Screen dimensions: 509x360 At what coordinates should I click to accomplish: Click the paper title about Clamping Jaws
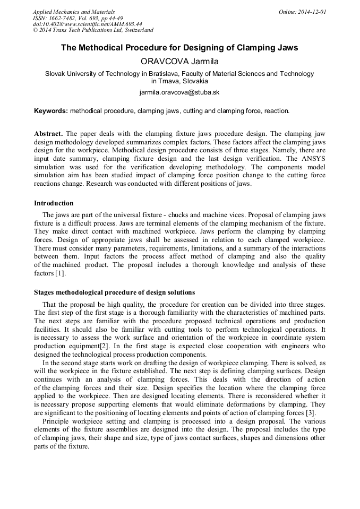click(179, 48)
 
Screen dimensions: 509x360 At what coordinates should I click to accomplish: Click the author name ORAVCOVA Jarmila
click(179, 62)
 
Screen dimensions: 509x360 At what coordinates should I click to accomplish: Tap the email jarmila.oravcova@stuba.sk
click(179, 92)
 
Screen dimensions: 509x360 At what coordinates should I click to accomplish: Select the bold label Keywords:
click(51, 111)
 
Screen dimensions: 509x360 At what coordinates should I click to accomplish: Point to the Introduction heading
click(54, 203)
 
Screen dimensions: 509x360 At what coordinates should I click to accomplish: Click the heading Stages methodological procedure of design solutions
click(114, 292)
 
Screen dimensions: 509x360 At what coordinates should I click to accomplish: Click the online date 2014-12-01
click(310, 11)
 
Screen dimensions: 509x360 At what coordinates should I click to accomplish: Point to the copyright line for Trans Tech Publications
click(93, 30)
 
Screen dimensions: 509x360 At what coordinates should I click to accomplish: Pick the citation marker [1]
click(60, 273)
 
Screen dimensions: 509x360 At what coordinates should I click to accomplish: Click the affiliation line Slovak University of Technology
click(179, 74)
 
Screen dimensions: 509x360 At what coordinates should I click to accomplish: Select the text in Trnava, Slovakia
click(179, 81)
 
